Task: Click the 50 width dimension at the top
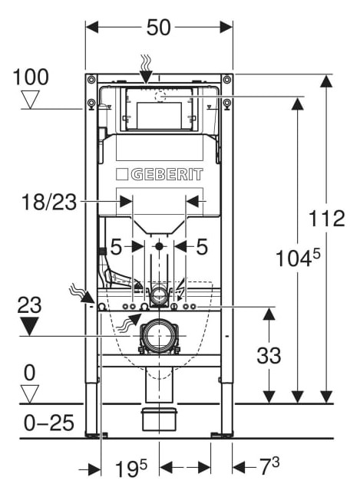159,28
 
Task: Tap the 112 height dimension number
327,219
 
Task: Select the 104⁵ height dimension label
298,258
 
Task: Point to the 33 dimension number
269,355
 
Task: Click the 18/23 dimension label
49,202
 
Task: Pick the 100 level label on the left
31,77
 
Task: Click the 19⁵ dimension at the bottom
131,468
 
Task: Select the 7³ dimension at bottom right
269,466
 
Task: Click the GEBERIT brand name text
167,175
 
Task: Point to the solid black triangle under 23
29,326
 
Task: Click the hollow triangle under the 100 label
31,100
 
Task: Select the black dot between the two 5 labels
159,246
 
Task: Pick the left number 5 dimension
116,247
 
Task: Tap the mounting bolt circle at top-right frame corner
227,79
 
